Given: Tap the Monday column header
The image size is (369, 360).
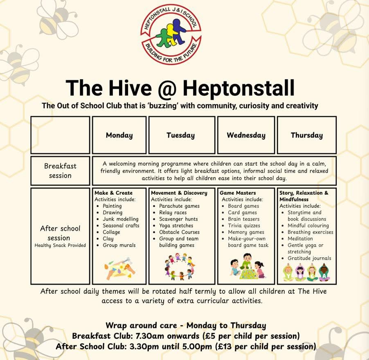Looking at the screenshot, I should click(x=119, y=135).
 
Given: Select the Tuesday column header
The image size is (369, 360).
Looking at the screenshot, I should click(x=180, y=135).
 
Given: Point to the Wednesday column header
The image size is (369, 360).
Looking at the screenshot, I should click(x=246, y=135).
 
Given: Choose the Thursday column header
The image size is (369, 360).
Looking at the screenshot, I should click(x=306, y=135).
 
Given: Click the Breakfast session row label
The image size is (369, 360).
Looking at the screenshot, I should click(x=60, y=171).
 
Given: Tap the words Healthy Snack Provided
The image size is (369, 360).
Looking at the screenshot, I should click(x=60, y=245).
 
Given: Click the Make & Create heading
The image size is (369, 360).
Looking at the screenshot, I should click(x=114, y=193).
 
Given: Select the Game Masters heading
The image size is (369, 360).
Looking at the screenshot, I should click(x=238, y=193).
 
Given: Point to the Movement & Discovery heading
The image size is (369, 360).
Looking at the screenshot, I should click(x=179, y=193).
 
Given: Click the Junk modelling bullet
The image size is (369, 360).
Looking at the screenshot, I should click(x=120, y=219).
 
